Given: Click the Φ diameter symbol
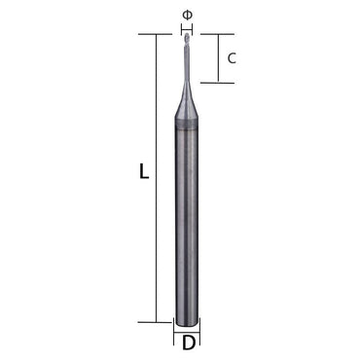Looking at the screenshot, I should coord(187,14).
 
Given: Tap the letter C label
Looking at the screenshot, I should coord(232,58).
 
